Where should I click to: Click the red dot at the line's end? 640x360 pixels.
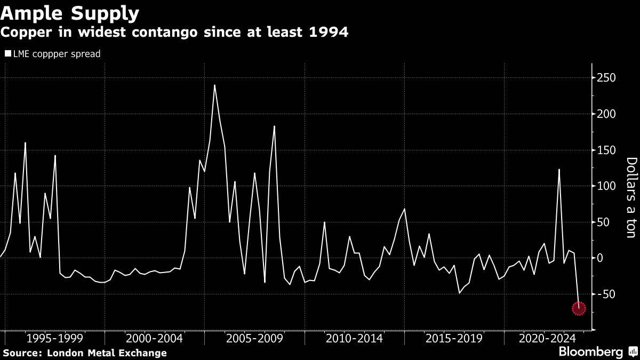[579, 308]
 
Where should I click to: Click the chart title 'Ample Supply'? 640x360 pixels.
[70, 12]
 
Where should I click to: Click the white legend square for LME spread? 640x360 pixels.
[7, 54]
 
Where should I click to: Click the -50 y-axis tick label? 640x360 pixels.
[605, 294]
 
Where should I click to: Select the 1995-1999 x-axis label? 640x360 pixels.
[54, 338]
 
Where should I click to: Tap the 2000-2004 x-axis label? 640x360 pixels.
[155, 338]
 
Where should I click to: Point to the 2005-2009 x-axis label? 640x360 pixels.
[254, 338]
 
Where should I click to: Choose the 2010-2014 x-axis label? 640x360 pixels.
[354, 338]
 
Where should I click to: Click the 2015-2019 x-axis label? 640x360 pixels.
[454, 338]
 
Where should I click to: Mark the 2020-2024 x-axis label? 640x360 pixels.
[548, 338]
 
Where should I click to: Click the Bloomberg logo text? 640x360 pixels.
[590, 352]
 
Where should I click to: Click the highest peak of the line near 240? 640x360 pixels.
[214, 85]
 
